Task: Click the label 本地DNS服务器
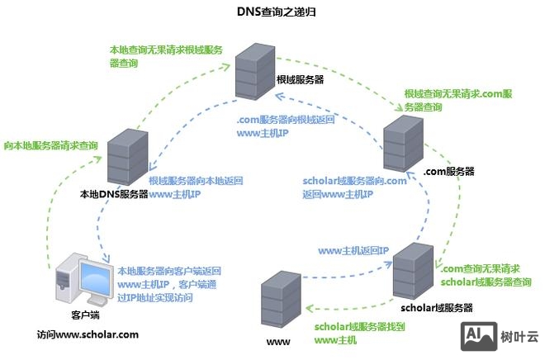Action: click(x=114, y=195)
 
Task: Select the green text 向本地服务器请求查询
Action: click(x=51, y=145)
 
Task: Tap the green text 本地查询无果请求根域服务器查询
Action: click(x=166, y=55)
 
